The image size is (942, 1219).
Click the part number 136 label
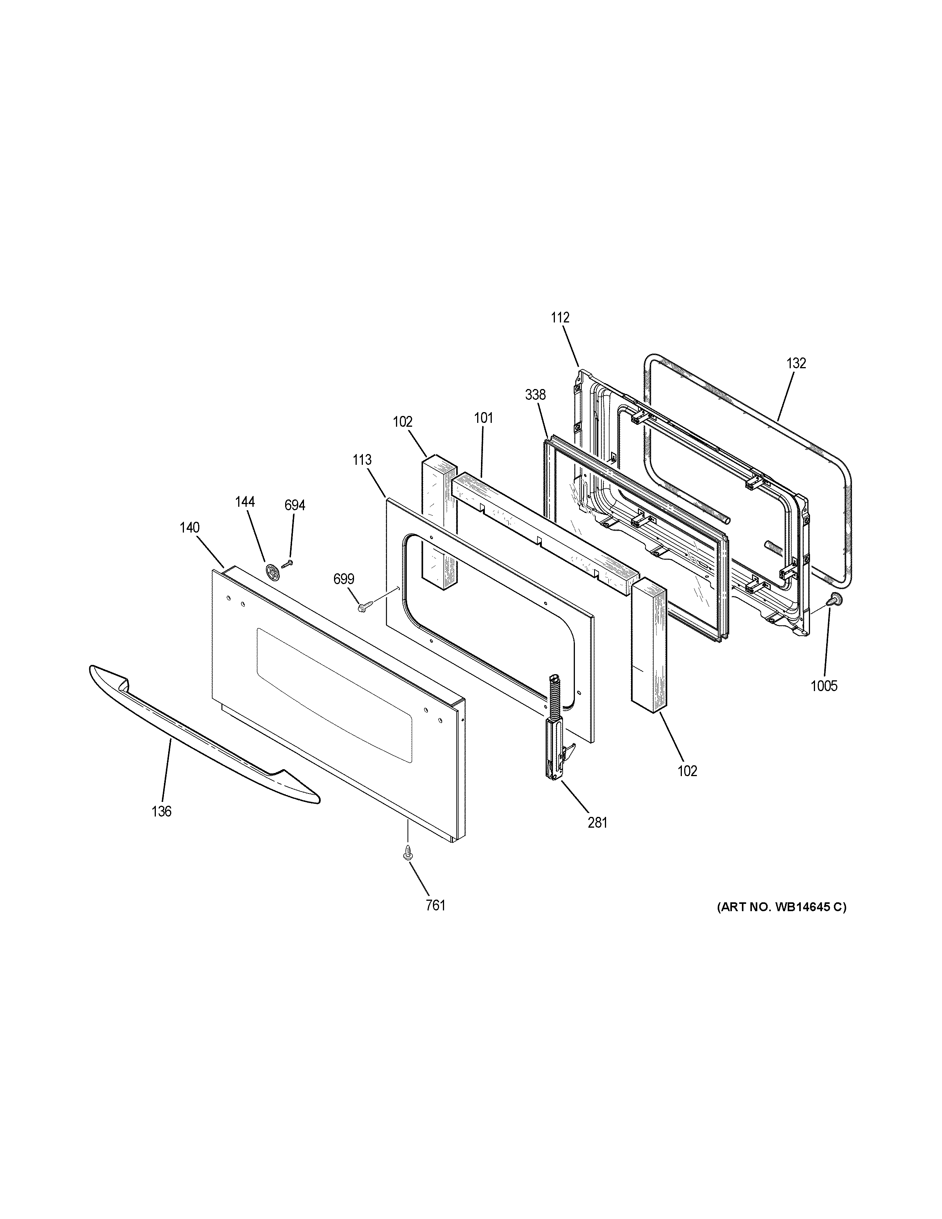(161, 812)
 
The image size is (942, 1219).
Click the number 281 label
(597, 822)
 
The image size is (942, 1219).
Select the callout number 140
(190, 528)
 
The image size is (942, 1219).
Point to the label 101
(483, 418)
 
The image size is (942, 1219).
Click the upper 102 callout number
(403, 422)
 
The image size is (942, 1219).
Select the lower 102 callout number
(688, 771)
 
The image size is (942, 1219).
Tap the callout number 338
(535, 395)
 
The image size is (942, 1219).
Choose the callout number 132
(796, 363)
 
